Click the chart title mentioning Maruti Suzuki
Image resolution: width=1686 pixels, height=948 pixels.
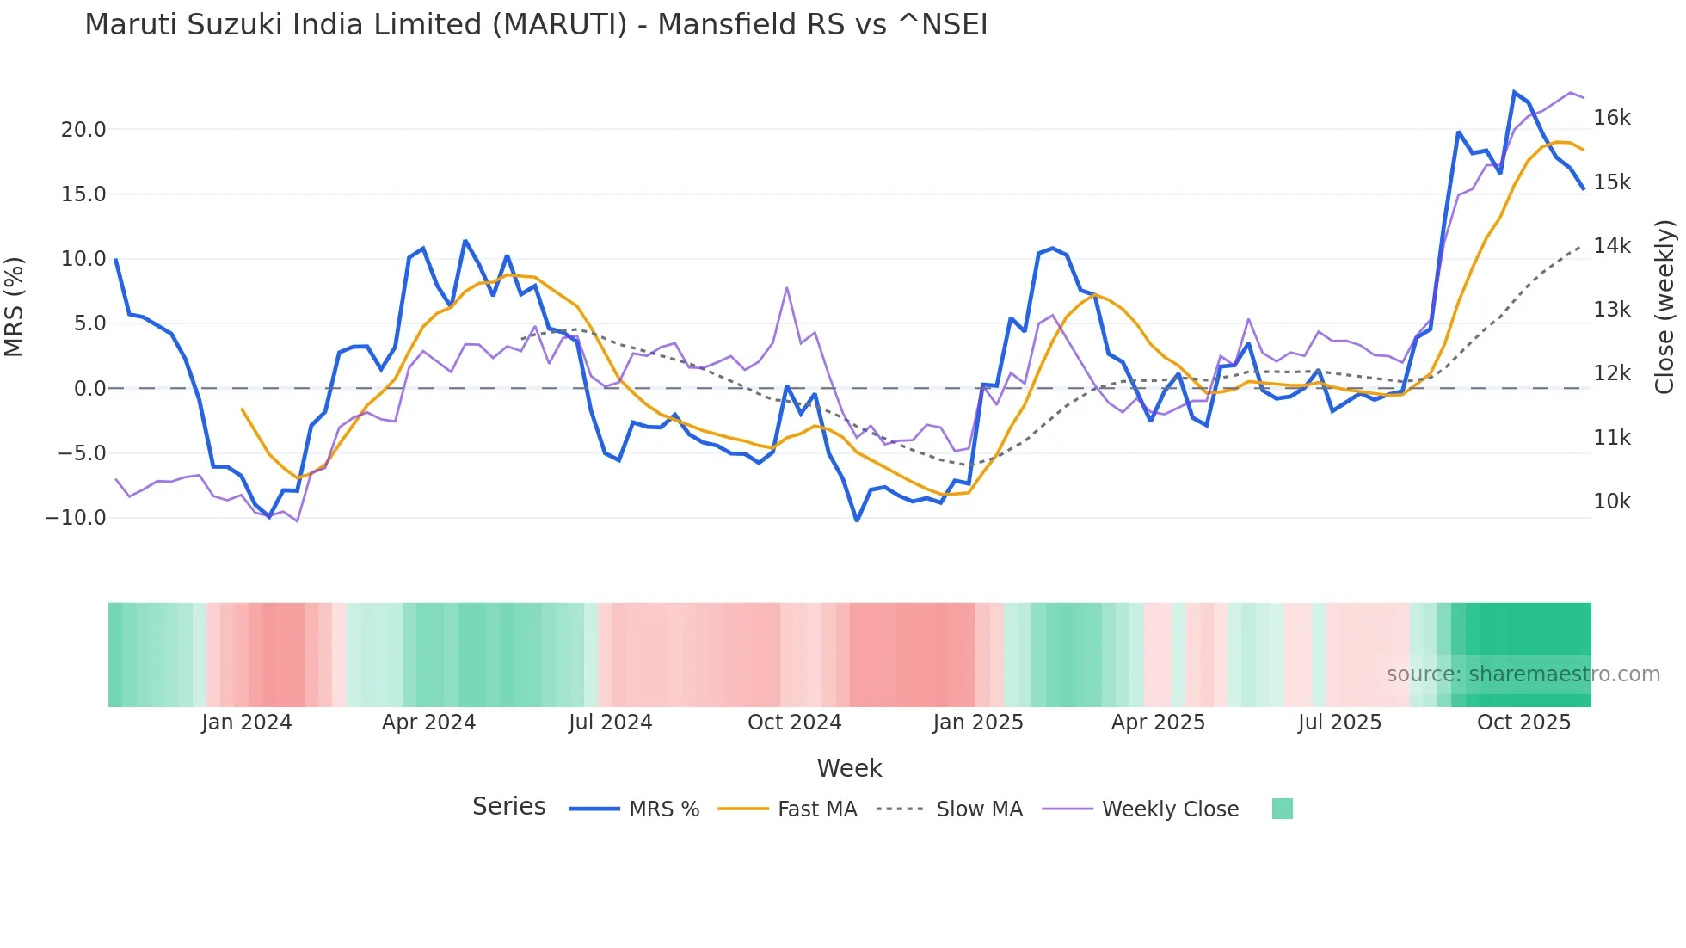[536, 25]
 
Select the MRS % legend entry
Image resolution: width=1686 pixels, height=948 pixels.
[635, 809]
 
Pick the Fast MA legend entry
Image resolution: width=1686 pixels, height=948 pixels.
[788, 809]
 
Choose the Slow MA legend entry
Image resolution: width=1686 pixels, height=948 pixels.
[950, 809]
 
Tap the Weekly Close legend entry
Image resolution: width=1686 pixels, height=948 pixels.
[1141, 809]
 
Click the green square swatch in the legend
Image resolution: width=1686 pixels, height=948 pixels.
[1282, 809]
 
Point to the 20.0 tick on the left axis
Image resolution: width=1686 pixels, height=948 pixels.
[83, 130]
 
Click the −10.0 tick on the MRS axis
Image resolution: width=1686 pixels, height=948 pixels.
[76, 518]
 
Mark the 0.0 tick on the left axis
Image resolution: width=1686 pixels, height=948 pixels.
[89, 389]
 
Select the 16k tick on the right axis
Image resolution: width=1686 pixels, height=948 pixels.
[1611, 118]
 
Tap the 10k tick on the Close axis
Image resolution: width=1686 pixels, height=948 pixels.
[1611, 502]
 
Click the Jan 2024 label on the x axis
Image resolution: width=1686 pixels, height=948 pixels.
[247, 723]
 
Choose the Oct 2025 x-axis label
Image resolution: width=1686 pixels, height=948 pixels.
[1523, 723]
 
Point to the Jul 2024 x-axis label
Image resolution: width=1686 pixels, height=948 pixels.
[610, 723]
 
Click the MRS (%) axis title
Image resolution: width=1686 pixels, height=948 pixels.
[15, 306]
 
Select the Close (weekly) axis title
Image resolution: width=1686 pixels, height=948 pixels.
[1665, 306]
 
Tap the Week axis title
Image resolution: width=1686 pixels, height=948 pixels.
[849, 768]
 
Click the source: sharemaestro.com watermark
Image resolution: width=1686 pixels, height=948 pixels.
[1523, 674]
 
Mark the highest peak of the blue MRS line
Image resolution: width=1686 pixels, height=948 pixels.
[1514, 92]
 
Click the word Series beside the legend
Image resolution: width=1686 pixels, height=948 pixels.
[508, 807]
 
